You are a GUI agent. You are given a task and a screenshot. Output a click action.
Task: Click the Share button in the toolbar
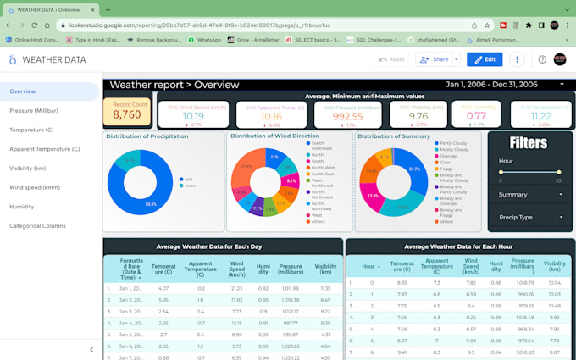[435, 59]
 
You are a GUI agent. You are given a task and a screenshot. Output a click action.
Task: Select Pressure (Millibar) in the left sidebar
[34, 111]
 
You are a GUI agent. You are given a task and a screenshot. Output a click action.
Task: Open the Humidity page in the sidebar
[22, 207]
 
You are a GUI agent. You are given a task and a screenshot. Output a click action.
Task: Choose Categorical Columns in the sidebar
[37, 226]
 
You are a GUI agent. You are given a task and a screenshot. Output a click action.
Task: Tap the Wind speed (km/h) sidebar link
[35, 187]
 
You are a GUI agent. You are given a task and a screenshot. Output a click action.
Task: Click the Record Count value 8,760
[126, 114]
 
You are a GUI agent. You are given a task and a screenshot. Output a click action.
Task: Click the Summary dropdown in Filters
[530, 195]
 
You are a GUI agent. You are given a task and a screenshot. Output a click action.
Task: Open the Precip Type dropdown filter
[530, 217]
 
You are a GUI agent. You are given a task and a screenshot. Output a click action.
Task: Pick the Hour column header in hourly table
[368, 265]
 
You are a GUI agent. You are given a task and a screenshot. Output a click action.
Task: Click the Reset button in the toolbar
[391, 59]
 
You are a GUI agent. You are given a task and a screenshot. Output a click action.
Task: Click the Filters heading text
[529, 143]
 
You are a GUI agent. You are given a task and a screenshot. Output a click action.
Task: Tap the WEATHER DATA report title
[53, 60]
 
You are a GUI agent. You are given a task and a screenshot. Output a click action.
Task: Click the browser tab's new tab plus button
[108, 9]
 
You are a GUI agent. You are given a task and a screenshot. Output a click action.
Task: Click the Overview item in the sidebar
[23, 91]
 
